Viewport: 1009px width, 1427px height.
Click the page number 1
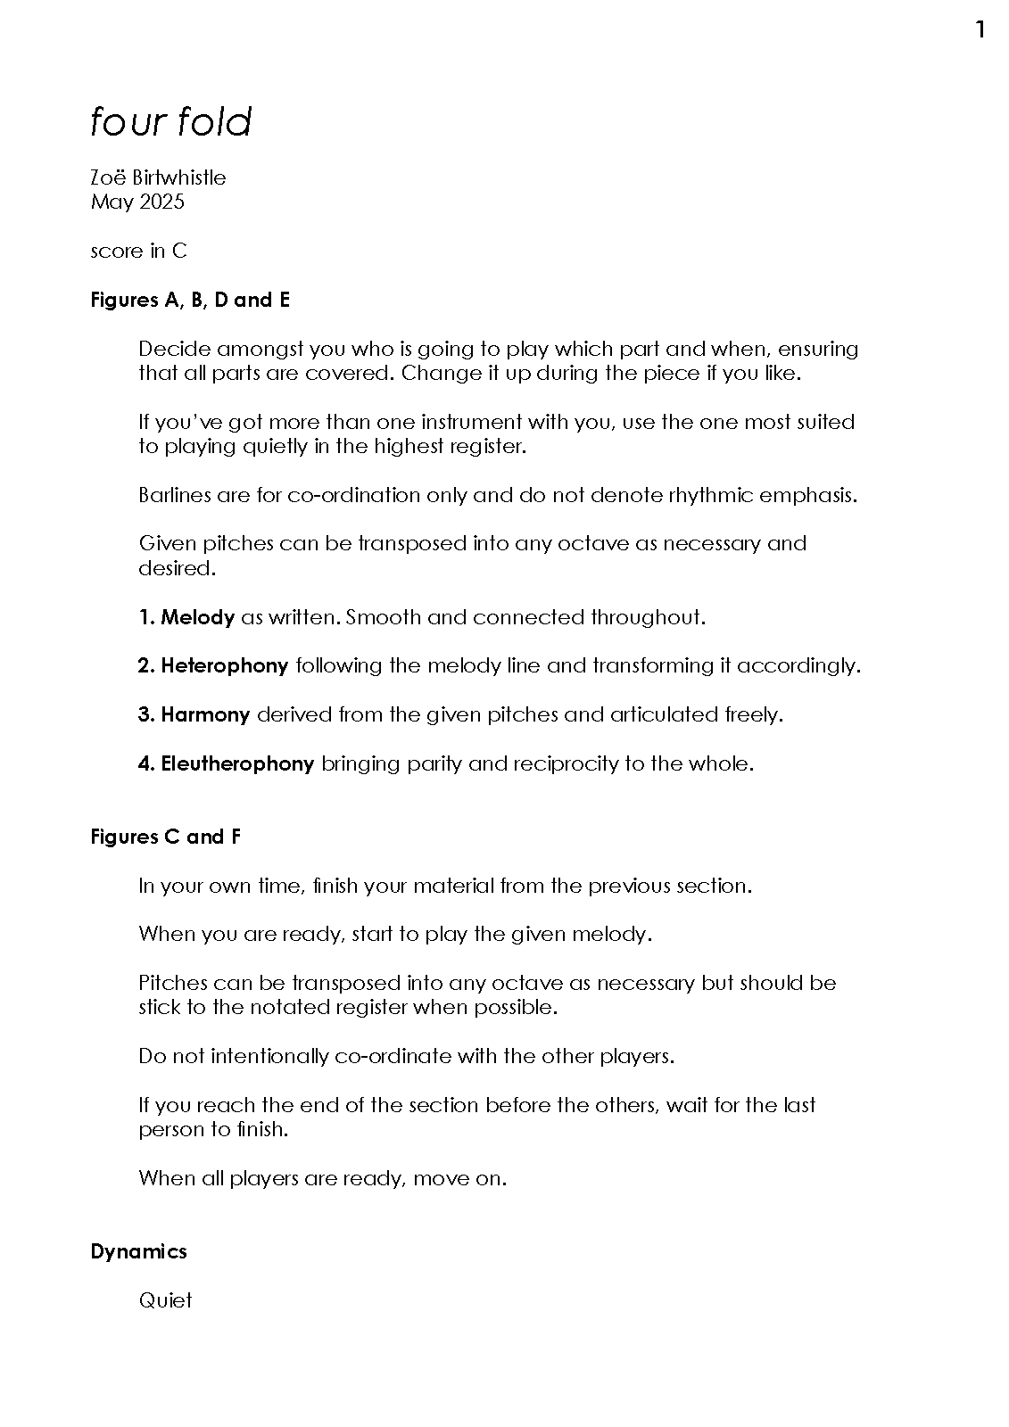pyautogui.click(x=980, y=30)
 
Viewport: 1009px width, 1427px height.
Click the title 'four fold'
pyautogui.click(x=171, y=122)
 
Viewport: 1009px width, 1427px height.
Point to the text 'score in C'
pyautogui.click(x=138, y=251)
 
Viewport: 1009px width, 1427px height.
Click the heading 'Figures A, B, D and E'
pyautogui.click(x=190, y=300)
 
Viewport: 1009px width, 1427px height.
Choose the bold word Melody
pyautogui.click(x=197, y=617)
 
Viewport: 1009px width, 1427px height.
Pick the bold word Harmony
pyautogui.click(x=205, y=714)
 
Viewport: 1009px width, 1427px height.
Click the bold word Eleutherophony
pyautogui.click(x=237, y=763)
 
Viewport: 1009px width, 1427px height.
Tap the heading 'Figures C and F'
pyautogui.click(x=165, y=837)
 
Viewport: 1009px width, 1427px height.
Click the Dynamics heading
pyautogui.click(x=138, y=1251)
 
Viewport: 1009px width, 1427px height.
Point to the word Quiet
pyautogui.click(x=165, y=1300)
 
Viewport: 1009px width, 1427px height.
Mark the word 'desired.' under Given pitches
pyautogui.click(x=177, y=568)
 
